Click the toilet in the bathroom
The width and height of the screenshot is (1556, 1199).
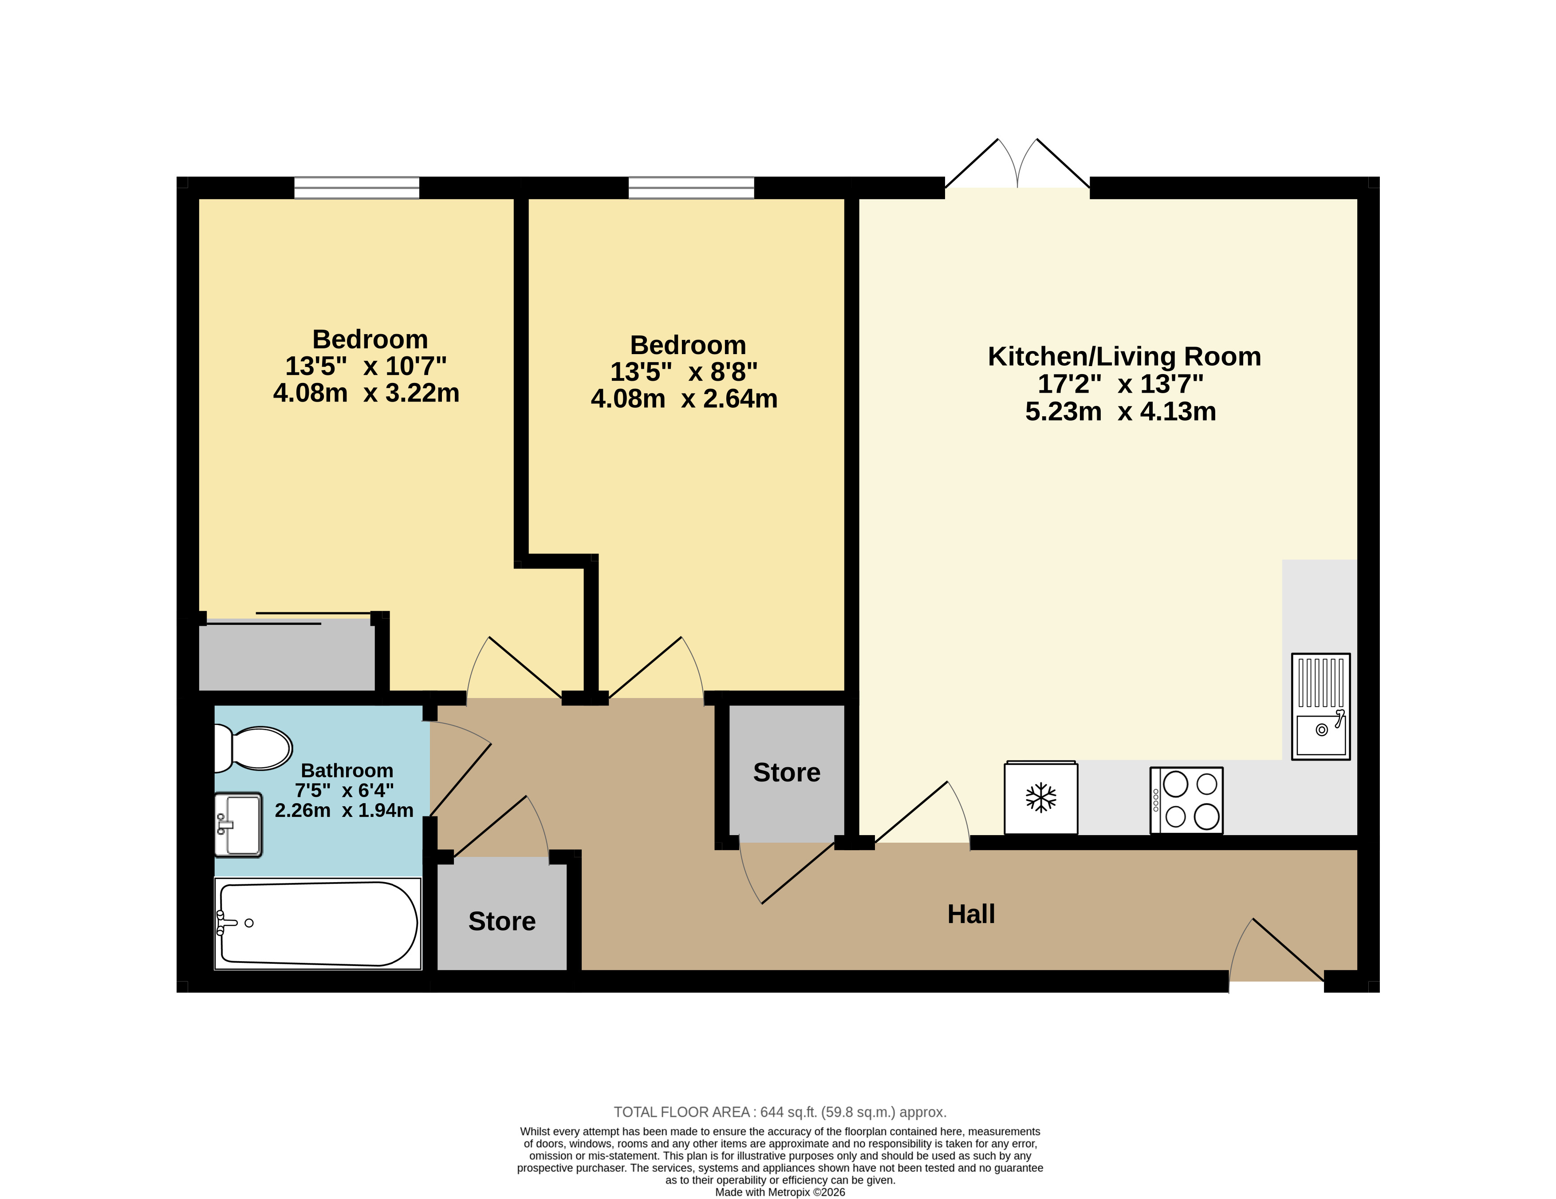253,748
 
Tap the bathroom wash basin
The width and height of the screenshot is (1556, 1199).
239,825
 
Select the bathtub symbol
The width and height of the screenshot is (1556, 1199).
318,923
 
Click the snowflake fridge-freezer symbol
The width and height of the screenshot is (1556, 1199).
1041,797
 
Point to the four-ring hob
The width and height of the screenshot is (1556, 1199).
1187,800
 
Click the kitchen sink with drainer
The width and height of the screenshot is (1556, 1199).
1321,706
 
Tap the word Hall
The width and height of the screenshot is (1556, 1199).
971,914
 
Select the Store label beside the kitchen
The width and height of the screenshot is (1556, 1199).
787,772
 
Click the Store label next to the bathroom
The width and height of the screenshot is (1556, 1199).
501,921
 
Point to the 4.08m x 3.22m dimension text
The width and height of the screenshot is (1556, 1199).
366,393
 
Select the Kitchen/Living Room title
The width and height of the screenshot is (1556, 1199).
1124,356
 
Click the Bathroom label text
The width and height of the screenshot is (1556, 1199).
347,771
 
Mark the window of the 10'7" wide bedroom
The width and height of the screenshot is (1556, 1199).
357,187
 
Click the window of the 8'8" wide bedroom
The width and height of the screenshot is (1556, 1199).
691,187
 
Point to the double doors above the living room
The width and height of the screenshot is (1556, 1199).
1017,164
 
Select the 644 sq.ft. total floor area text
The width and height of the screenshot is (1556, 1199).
780,1112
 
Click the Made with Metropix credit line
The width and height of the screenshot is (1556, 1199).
780,1192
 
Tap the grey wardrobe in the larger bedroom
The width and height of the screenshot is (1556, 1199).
287,655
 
